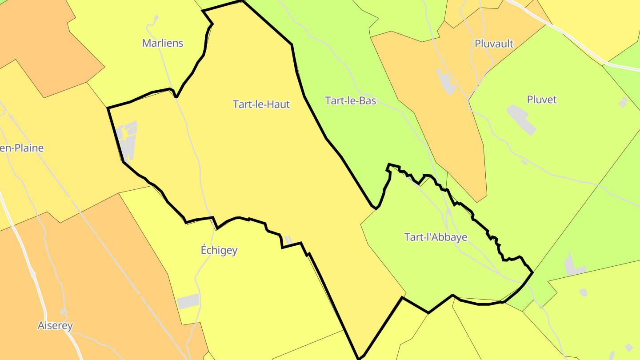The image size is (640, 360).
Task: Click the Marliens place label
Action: tap(163, 43)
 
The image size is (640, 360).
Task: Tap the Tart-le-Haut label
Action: tap(261, 104)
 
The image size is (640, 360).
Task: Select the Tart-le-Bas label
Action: tap(351, 101)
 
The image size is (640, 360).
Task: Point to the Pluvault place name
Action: tap(494, 44)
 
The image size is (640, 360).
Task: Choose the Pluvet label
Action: tap(541, 100)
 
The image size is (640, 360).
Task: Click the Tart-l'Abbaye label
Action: tap(436, 237)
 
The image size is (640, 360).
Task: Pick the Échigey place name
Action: tap(219, 250)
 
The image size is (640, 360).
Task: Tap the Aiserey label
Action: tap(55, 326)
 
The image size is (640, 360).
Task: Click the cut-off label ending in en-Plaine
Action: tap(21, 148)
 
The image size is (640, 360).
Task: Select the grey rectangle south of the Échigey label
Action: tap(188, 301)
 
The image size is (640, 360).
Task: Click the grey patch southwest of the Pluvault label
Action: tap(446, 81)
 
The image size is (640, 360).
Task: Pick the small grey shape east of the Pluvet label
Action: tap(623, 102)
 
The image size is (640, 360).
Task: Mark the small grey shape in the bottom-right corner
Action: tap(628, 347)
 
